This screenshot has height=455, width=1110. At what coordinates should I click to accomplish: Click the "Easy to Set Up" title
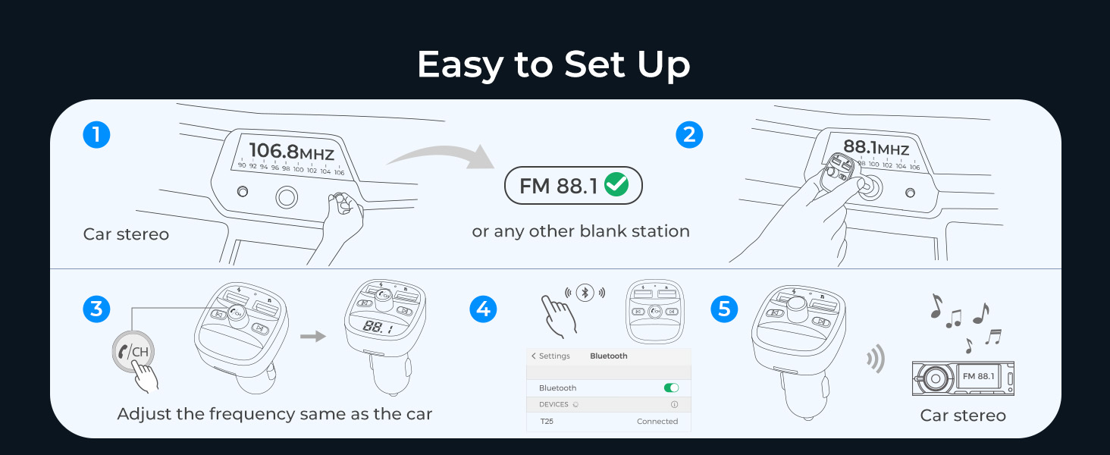pyautogui.click(x=553, y=64)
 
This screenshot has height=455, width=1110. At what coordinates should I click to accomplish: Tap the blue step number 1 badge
pyautogui.click(x=96, y=135)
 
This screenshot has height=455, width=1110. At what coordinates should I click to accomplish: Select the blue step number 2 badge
pyautogui.click(x=689, y=135)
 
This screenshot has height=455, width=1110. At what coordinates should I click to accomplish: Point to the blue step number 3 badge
pyautogui.click(x=96, y=309)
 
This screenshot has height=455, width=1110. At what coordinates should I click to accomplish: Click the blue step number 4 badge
pyautogui.click(x=484, y=309)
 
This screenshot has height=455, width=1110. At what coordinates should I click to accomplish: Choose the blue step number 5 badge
pyautogui.click(x=724, y=309)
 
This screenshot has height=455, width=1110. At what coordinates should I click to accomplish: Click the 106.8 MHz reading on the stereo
pyautogui.click(x=291, y=152)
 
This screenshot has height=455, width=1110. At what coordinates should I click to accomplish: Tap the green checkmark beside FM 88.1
pyautogui.click(x=616, y=185)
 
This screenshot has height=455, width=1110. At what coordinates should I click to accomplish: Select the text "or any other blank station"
pyautogui.click(x=581, y=231)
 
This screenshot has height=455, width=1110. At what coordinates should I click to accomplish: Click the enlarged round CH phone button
pyautogui.click(x=133, y=351)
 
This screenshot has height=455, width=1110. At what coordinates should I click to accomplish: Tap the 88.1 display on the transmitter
pyautogui.click(x=378, y=328)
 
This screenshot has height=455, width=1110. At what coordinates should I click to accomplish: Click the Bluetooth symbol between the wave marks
pyautogui.click(x=584, y=293)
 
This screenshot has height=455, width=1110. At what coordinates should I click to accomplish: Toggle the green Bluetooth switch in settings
pyautogui.click(x=671, y=388)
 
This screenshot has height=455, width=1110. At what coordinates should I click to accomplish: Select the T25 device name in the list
pyautogui.click(x=547, y=421)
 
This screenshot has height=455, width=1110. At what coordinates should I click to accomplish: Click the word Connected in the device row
pyautogui.click(x=657, y=421)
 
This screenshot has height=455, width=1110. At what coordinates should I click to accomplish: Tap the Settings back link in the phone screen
pyautogui.click(x=550, y=356)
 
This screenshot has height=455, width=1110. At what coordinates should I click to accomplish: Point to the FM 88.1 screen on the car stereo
pyautogui.click(x=978, y=376)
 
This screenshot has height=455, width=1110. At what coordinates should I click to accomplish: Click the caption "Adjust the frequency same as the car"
pyautogui.click(x=274, y=414)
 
